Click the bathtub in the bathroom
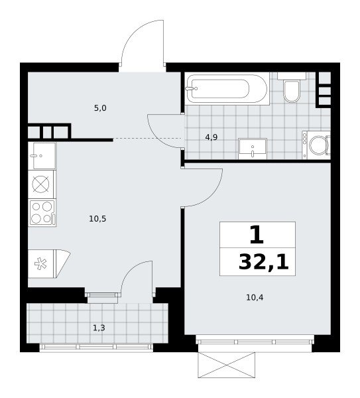227,89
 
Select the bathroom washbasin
253,149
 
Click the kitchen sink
42,156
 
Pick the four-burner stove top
42,213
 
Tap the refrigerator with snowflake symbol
49,264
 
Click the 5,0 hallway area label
100,108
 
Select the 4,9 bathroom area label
211,137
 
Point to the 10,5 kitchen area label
97,218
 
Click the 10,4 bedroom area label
255,297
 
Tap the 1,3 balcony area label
99,328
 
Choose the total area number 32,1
264,262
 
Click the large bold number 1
257,235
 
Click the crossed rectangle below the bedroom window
226,365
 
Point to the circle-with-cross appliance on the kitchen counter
41,184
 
